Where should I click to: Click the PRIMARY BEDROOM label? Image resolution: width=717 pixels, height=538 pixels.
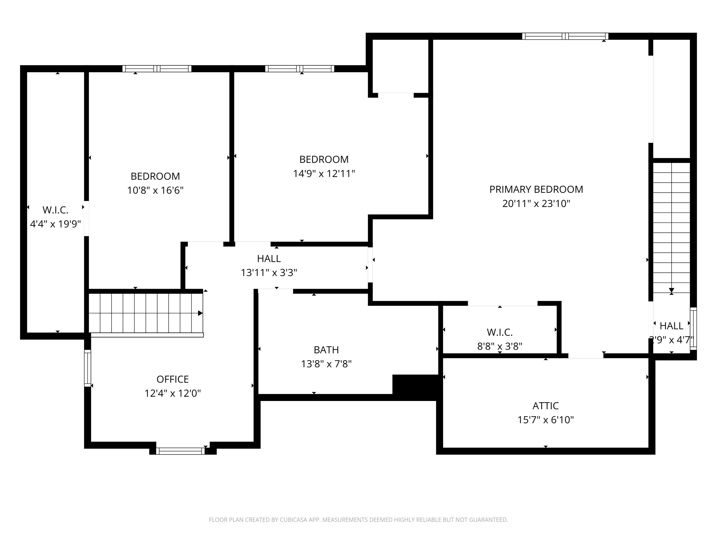point(536,189)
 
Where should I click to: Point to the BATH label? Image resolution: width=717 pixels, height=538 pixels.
point(326,350)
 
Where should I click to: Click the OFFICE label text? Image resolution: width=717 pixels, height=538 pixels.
point(173,379)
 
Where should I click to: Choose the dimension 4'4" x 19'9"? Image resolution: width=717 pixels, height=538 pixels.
point(55,224)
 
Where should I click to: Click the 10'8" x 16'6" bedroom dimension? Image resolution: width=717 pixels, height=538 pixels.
point(155,190)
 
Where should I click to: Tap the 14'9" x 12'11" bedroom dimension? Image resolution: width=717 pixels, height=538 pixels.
point(324,174)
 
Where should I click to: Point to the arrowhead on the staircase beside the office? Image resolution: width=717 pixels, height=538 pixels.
point(200,313)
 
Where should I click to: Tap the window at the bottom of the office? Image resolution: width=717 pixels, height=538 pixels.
point(180,451)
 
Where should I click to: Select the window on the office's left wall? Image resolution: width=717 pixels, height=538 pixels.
point(87,368)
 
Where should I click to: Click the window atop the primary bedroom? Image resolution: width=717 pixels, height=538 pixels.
point(565,36)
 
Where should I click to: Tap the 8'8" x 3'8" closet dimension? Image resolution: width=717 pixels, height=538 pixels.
point(500,346)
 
